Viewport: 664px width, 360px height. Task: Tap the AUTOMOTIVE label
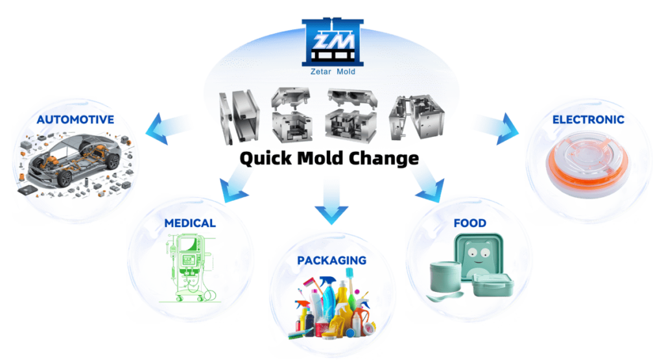tap(75, 120)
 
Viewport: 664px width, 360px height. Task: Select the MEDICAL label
tap(189, 223)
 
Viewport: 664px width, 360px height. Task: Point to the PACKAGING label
tap(332, 261)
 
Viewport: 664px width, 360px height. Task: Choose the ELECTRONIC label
tap(588, 120)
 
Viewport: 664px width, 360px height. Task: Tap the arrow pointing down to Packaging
tap(331, 202)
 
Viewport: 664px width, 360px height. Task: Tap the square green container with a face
tap(479, 254)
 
